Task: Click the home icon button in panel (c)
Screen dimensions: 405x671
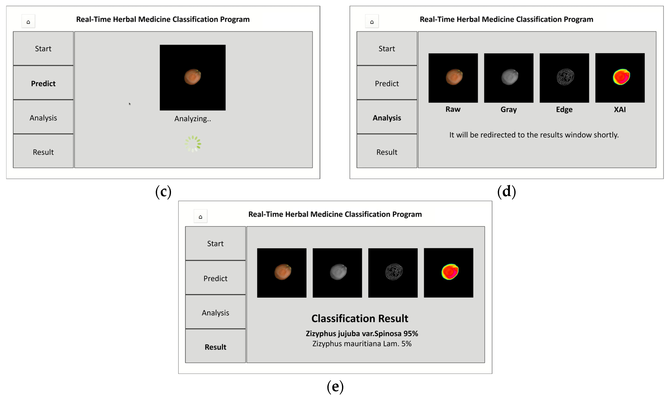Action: point(28,21)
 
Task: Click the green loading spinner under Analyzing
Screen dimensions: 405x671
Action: point(193,144)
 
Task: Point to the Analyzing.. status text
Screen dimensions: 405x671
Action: point(192,119)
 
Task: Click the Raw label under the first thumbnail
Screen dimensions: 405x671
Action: point(453,109)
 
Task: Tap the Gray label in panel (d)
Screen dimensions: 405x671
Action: point(508,110)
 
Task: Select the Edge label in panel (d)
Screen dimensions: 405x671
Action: point(564,110)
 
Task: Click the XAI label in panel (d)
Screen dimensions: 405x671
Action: point(619,110)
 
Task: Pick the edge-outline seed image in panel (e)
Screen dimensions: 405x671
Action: point(394,272)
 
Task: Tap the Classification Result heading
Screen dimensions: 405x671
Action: point(360,318)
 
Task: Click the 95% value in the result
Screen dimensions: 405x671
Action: point(411,333)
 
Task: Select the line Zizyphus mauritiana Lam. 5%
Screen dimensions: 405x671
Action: point(362,344)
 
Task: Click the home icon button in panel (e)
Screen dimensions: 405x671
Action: point(200,216)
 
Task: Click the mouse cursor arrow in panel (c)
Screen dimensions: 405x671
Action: point(130,104)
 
